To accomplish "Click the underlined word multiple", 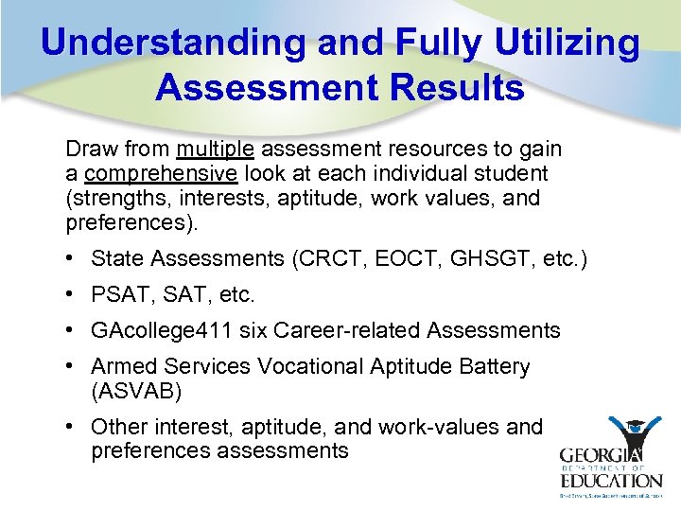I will pyautogui.click(x=215, y=150).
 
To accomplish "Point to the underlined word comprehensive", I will pyautogui.click(x=161, y=174).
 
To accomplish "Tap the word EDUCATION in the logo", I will pyautogui.click(x=611, y=480).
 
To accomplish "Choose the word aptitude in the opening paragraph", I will pyautogui.click(x=323, y=199).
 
